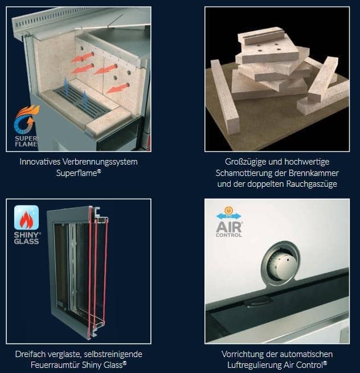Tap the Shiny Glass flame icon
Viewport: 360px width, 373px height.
pyautogui.click(x=26, y=219)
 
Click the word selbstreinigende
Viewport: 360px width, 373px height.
pyautogui.click(x=113, y=354)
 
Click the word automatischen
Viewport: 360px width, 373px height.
pyautogui.click(x=304, y=354)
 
